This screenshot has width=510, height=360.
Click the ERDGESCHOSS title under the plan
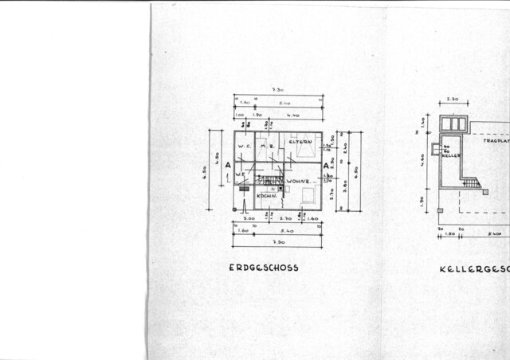[263, 268]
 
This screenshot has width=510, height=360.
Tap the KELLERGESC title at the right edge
[474, 269]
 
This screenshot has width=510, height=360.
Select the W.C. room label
[245, 146]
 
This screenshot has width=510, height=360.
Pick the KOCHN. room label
[266, 196]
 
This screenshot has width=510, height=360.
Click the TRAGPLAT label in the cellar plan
[495, 139]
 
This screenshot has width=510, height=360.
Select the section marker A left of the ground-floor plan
[228, 166]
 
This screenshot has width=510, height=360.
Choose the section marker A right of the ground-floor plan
[325, 166]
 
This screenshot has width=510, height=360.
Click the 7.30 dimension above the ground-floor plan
[277, 91]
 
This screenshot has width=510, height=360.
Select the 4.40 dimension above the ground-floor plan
[293, 115]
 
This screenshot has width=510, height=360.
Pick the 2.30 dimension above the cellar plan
[453, 99]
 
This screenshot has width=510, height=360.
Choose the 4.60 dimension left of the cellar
[422, 159]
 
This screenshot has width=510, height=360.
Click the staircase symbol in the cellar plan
[473, 182]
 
